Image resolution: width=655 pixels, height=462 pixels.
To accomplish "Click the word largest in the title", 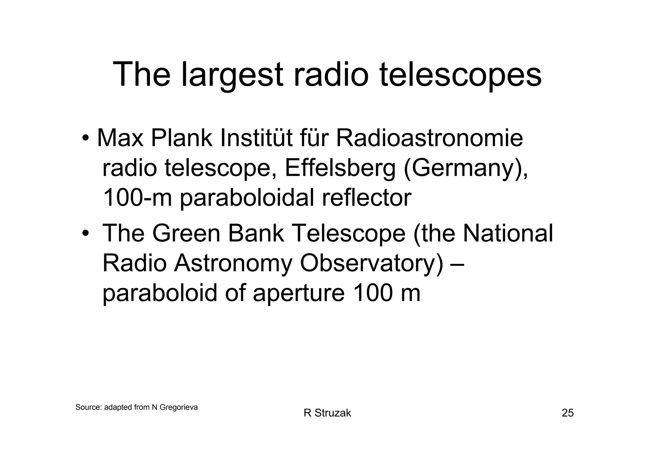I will [232, 76].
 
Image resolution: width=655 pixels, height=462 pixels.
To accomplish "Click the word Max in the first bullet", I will [120, 138].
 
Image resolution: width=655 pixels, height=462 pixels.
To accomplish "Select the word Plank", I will [181, 138].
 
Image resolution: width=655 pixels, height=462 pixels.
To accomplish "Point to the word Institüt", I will [256, 138].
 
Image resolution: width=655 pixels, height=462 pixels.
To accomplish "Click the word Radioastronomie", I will [429, 138].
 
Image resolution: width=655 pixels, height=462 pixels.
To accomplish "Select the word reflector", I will [366, 198].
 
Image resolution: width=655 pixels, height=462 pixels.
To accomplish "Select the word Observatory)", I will [372, 263].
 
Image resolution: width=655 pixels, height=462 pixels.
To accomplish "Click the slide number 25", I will [568, 413].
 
